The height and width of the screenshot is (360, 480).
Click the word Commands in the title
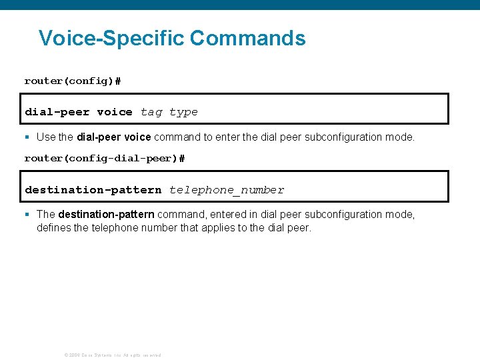click(x=247, y=38)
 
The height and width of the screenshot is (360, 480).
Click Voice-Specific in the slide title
click(x=111, y=38)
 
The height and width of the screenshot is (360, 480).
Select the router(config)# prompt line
click(x=73, y=81)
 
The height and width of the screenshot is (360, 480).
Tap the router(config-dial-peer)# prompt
click(x=105, y=159)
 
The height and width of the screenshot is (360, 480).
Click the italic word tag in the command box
click(x=151, y=112)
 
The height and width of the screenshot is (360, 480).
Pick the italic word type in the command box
click(x=183, y=112)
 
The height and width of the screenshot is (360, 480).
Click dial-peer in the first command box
click(x=57, y=112)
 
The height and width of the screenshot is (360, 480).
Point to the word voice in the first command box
click(x=115, y=112)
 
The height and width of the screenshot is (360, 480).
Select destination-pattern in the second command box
click(x=93, y=190)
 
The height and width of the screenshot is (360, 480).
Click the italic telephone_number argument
click(x=227, y=190)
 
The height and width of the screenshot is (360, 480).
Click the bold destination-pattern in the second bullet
click(x=107, y=215)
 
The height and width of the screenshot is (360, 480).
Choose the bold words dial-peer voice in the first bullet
click(x=114, y=137)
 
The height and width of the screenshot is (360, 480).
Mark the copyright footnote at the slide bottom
click(x=112, y=355)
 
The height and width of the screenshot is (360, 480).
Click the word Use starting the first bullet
click(x=46, y=137)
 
